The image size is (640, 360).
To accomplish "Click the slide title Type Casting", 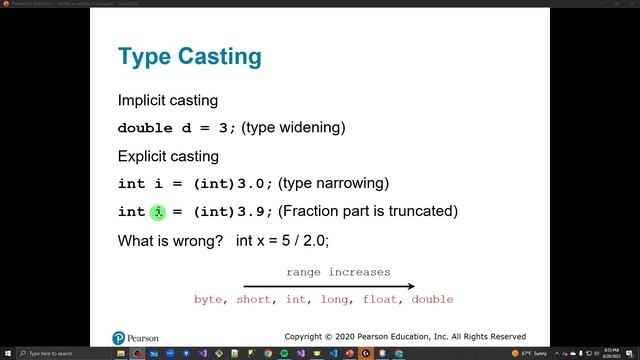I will tap(189, 56).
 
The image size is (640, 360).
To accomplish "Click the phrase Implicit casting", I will tap(168, 101).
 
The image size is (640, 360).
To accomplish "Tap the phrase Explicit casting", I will tap(168, 156).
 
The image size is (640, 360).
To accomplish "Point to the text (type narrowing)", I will tap(333, 183).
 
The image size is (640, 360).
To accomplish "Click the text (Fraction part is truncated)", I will tap(368, 211).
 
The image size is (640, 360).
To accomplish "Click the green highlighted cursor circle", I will tap(158, 212).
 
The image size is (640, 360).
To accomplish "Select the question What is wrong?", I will tap(170, 240).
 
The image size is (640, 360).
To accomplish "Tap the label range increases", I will tap(338, 272).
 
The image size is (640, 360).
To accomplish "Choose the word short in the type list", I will tap(254, 300).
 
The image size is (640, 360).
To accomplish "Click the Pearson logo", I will tap(136, 337).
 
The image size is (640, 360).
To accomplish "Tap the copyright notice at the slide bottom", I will tap(405, 337).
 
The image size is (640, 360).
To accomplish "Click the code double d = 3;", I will tap(177, 129).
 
